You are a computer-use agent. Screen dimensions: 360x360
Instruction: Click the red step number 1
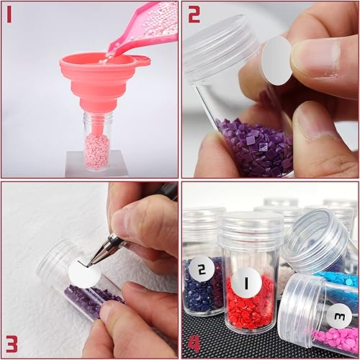tap(9, 14)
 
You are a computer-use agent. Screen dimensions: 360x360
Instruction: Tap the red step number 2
tap(194, 14)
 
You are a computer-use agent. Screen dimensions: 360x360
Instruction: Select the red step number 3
tap(12, 345)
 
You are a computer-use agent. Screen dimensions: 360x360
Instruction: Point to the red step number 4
tap(194, 345)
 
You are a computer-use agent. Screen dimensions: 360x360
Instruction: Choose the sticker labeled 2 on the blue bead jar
tap(201, 270)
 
